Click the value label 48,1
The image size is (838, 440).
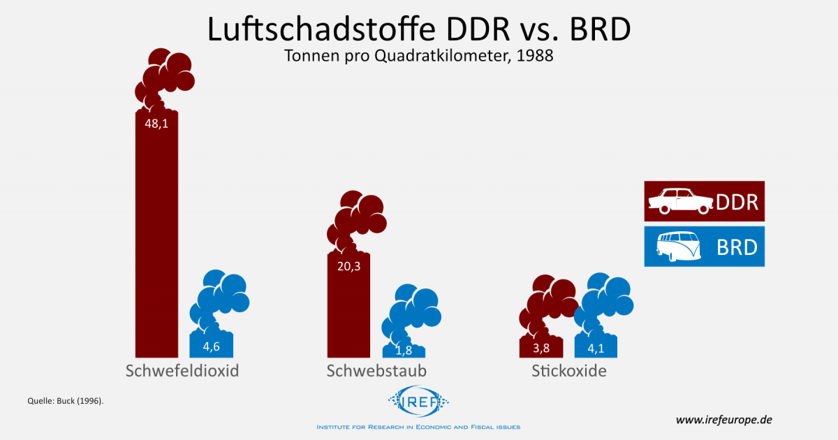click(156, 124)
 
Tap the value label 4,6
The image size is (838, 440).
click(211, 346)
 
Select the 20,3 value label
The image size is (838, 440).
click(349, 265)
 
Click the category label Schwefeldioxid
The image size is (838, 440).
click(182, 371)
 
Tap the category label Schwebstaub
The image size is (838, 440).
click(376, 371)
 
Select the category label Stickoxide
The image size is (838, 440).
click(569, 371)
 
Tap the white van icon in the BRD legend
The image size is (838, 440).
click(680, 246)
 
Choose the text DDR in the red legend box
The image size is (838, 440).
click(737, 202)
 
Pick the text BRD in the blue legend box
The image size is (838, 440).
click(737, 247)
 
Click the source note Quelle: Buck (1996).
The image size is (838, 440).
click(66, 401)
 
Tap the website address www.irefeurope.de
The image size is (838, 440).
click(723, 420)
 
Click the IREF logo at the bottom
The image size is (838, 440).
click(418, 404)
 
